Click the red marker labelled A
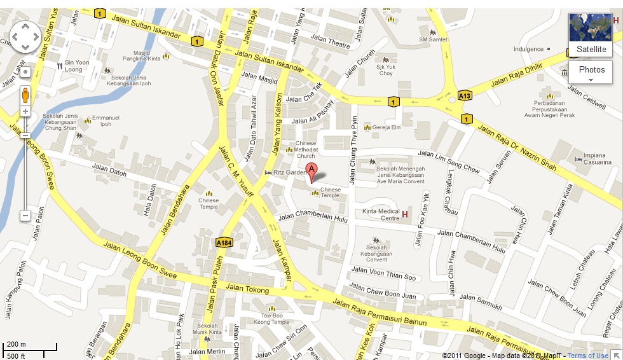pos(311,170)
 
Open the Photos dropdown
pos(591,73)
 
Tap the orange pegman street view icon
pos(25,95)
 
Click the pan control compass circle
pos(25,37)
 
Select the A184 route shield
pos(224,242)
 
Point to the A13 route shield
pos(465,96)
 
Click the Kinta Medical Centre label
pos(380,215)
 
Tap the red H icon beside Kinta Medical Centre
pos(405,214)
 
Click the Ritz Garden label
pos(294,172)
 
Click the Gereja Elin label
pos(387,127)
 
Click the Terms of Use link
pos(588,356)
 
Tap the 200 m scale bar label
pos(17,344)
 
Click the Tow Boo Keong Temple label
pos(271,319)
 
